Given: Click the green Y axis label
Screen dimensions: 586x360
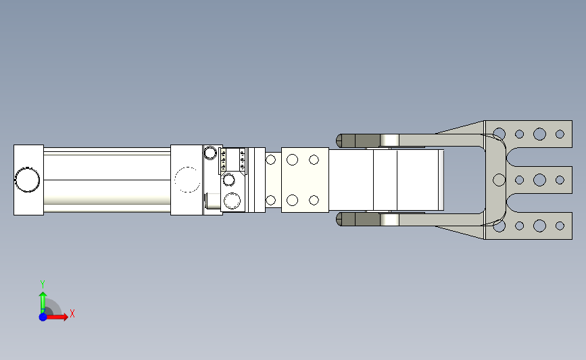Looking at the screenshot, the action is click(x=43, y=284).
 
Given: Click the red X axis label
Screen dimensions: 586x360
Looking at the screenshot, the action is click(x=72, y=313).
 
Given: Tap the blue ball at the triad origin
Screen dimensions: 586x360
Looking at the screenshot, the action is click(x=43, y=317).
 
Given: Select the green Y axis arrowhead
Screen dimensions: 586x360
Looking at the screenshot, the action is click(x=43, y=295).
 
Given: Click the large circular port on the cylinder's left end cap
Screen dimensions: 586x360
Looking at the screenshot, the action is click(x=27, y=180).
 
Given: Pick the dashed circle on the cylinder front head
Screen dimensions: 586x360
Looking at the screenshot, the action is click(x=187, y=180).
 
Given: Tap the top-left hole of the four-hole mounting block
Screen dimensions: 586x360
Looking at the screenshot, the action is click(x=292, y=160).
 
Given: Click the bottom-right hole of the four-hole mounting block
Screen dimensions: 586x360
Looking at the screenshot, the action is click(x=314, y=200).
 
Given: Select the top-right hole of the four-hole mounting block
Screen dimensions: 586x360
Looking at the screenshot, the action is click(x=314, y=160).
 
